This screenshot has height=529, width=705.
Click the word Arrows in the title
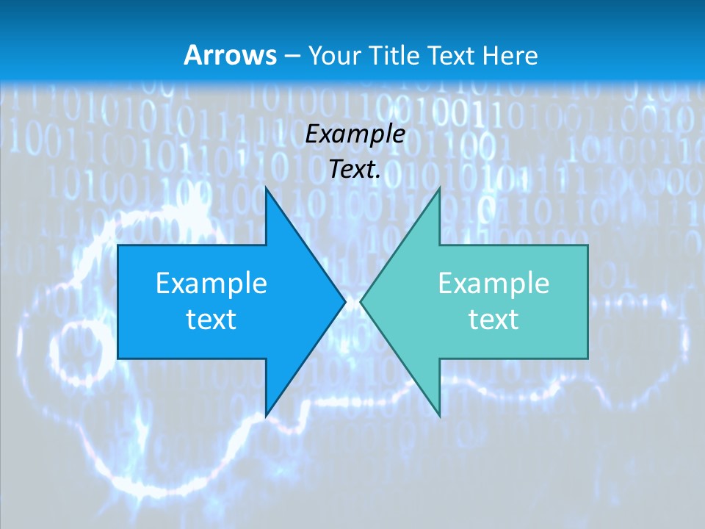[229, 55]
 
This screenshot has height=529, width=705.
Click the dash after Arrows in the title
[291, 56]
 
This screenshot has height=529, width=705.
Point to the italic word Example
[355, 134]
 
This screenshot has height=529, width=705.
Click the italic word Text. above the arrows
[355, 169]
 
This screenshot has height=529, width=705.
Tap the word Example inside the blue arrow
[211, 283]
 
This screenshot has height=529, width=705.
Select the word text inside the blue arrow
[211, 319]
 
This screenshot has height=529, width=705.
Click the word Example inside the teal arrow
[493, 283]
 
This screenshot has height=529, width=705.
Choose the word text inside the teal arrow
[493, 319]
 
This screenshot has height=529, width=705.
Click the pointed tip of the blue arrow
[343, 301]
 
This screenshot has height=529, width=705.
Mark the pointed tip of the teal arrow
[363, 301]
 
